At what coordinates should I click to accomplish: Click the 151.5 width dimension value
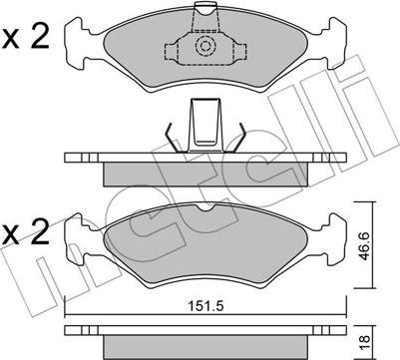[205, 306]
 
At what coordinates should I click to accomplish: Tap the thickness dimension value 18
[364, 340]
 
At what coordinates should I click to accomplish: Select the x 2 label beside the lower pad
[26, 232]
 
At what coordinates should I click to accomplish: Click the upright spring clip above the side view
[204, 126]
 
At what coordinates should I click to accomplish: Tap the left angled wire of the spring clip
[173, 138]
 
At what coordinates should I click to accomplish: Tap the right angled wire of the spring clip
[237, 138]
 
